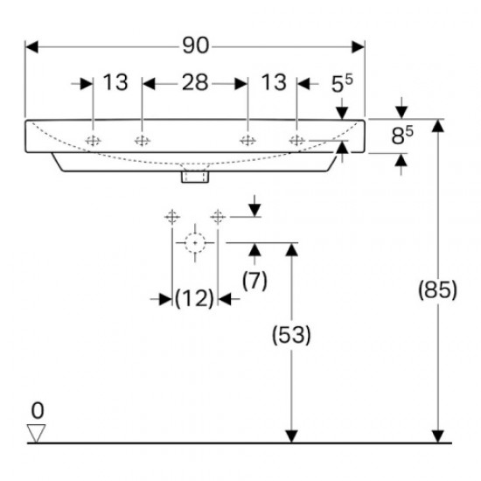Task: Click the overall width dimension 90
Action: pos(196,45)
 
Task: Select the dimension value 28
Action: pos(195,83)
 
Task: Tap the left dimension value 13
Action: pos(115,83)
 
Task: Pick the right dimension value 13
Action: pos(274,83)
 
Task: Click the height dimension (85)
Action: pos(437,289)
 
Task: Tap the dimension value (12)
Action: pos(194,298)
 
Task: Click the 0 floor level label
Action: pos(36,409)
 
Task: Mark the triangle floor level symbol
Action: pos(36,431)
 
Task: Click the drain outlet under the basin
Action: pos(194,176)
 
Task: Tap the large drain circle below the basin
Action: pos(194,243)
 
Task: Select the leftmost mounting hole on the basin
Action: pos(93,140)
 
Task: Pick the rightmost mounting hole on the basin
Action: pos(296,140)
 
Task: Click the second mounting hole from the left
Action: pos(141,140)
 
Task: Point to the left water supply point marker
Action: pos(171,215)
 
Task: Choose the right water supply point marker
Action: pos(218,215)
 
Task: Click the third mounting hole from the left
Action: pos(248,140)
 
